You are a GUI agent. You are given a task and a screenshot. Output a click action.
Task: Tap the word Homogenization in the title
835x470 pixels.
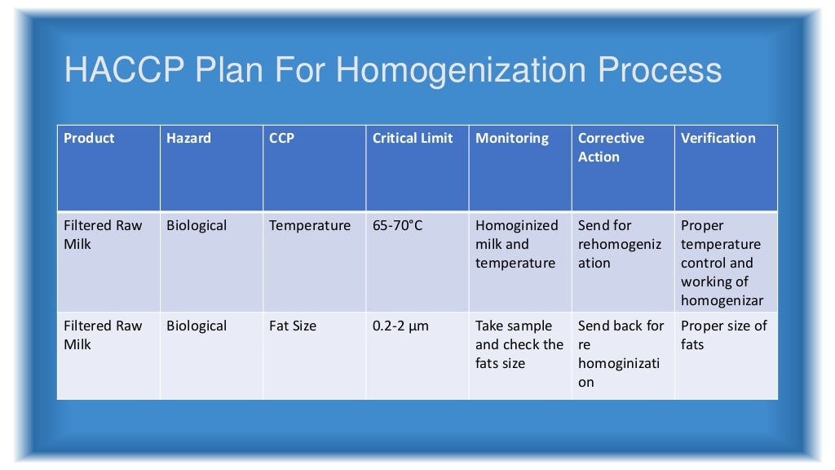click(461, 70)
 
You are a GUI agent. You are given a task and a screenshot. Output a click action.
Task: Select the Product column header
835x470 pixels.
click(89, 139)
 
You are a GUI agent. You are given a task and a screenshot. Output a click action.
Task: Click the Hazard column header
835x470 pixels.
click(188, 139)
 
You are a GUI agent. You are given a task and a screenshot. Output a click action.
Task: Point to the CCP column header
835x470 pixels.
click(281, 139)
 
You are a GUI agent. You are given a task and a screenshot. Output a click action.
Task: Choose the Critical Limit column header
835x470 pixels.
click(413, 139)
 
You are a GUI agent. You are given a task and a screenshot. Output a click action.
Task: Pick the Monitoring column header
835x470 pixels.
click(512, 139)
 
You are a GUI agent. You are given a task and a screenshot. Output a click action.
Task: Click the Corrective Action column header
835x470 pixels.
click(611, 148)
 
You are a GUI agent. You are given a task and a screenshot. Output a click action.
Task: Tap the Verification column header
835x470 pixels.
click(718, 139)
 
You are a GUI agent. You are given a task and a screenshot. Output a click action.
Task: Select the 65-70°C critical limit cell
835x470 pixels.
click(398, 226)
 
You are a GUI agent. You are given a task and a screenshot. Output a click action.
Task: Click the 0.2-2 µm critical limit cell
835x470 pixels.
click(400, 326)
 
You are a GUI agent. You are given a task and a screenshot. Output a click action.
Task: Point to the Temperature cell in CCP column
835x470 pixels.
click(310, 226)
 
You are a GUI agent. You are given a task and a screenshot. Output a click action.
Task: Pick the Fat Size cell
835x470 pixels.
click(294, 326)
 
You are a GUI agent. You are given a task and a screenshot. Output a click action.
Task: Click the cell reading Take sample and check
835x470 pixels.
click(519, 344)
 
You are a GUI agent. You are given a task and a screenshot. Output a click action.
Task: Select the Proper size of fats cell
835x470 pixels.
click(723, 335)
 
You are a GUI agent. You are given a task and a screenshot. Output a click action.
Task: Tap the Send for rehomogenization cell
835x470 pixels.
click(620, 244)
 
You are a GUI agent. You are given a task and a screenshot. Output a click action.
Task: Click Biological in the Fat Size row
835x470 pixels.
click(197, 326)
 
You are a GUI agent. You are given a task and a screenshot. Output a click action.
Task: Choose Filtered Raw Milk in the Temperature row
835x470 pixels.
click(103, 235)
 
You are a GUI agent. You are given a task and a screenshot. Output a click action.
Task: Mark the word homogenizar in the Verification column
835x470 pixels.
click(722, 301)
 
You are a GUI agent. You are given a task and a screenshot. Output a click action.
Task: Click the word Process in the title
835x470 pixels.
click(660, 70)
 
